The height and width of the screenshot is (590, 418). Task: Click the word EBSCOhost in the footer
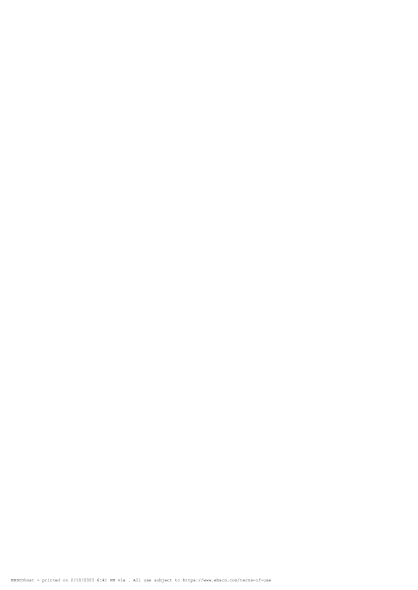point(23,580)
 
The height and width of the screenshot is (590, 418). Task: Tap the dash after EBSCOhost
point(38,580)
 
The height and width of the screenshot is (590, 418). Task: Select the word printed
point(51,580)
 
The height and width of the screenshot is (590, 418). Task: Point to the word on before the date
point(65,580)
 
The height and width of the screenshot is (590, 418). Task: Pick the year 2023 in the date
point(89,580)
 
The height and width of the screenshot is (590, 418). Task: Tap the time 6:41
point(101,580)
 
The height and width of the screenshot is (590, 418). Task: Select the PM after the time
point(112,580)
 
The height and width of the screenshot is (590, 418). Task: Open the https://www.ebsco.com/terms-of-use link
point(227,580)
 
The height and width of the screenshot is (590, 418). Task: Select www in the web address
point(207,580)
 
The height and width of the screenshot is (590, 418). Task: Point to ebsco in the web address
point(220,580)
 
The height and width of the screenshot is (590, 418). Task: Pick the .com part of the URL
point(232,580)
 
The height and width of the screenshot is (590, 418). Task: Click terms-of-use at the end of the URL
point(256,580)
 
